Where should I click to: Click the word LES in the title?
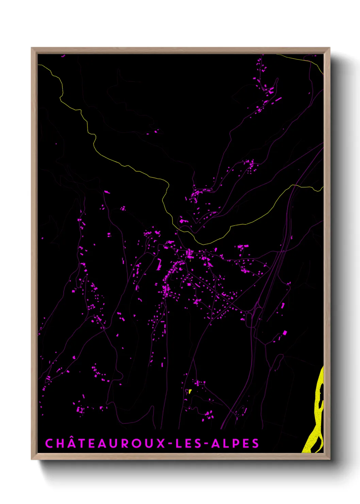click(189, 443)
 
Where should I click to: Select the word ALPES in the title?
click(235, 443)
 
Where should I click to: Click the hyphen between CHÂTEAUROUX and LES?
click(171, 444)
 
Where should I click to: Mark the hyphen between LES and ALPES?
click(206, 444)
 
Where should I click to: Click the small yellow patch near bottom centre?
click(190, 391)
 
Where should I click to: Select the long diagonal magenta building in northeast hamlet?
click(278, 99)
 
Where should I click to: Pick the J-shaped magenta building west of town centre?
click(159, 264)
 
